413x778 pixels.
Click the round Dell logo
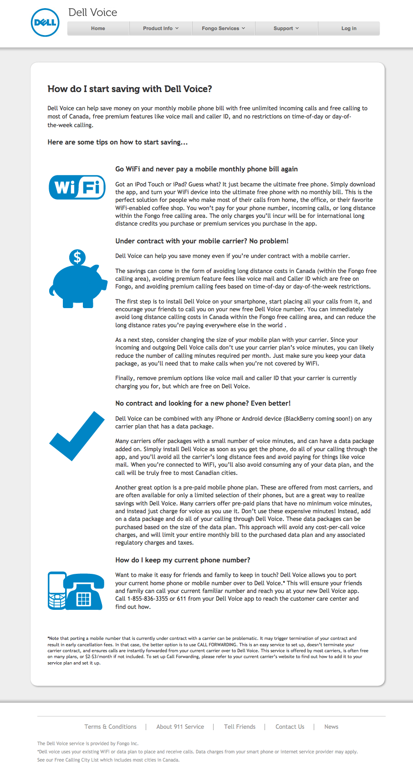tap(45, 23)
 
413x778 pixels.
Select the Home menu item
tap(98, 28)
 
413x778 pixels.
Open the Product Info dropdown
tap(160, 28)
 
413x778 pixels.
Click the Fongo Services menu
tap(223, 28)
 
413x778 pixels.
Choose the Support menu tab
tap(286, 28)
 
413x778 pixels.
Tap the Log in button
tap(349, 28)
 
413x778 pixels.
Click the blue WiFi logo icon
tap(77, 187)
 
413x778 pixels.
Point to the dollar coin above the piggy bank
tap(77, 258)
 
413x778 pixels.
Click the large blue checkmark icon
tap(77, 436)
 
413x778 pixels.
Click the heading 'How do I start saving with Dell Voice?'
tap(130, 89)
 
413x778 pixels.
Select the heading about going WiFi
tap(206, 169)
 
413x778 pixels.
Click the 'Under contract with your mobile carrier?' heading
tap(202, 241)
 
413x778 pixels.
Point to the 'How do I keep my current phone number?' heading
tap(183, 560)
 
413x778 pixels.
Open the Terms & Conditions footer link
tap(110, 727)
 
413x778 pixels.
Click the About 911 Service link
tap(180, 727)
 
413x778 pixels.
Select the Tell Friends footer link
tap(240, 727)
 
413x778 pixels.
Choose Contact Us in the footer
tap(290, 727)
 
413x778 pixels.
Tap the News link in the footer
tap(331, 727)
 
